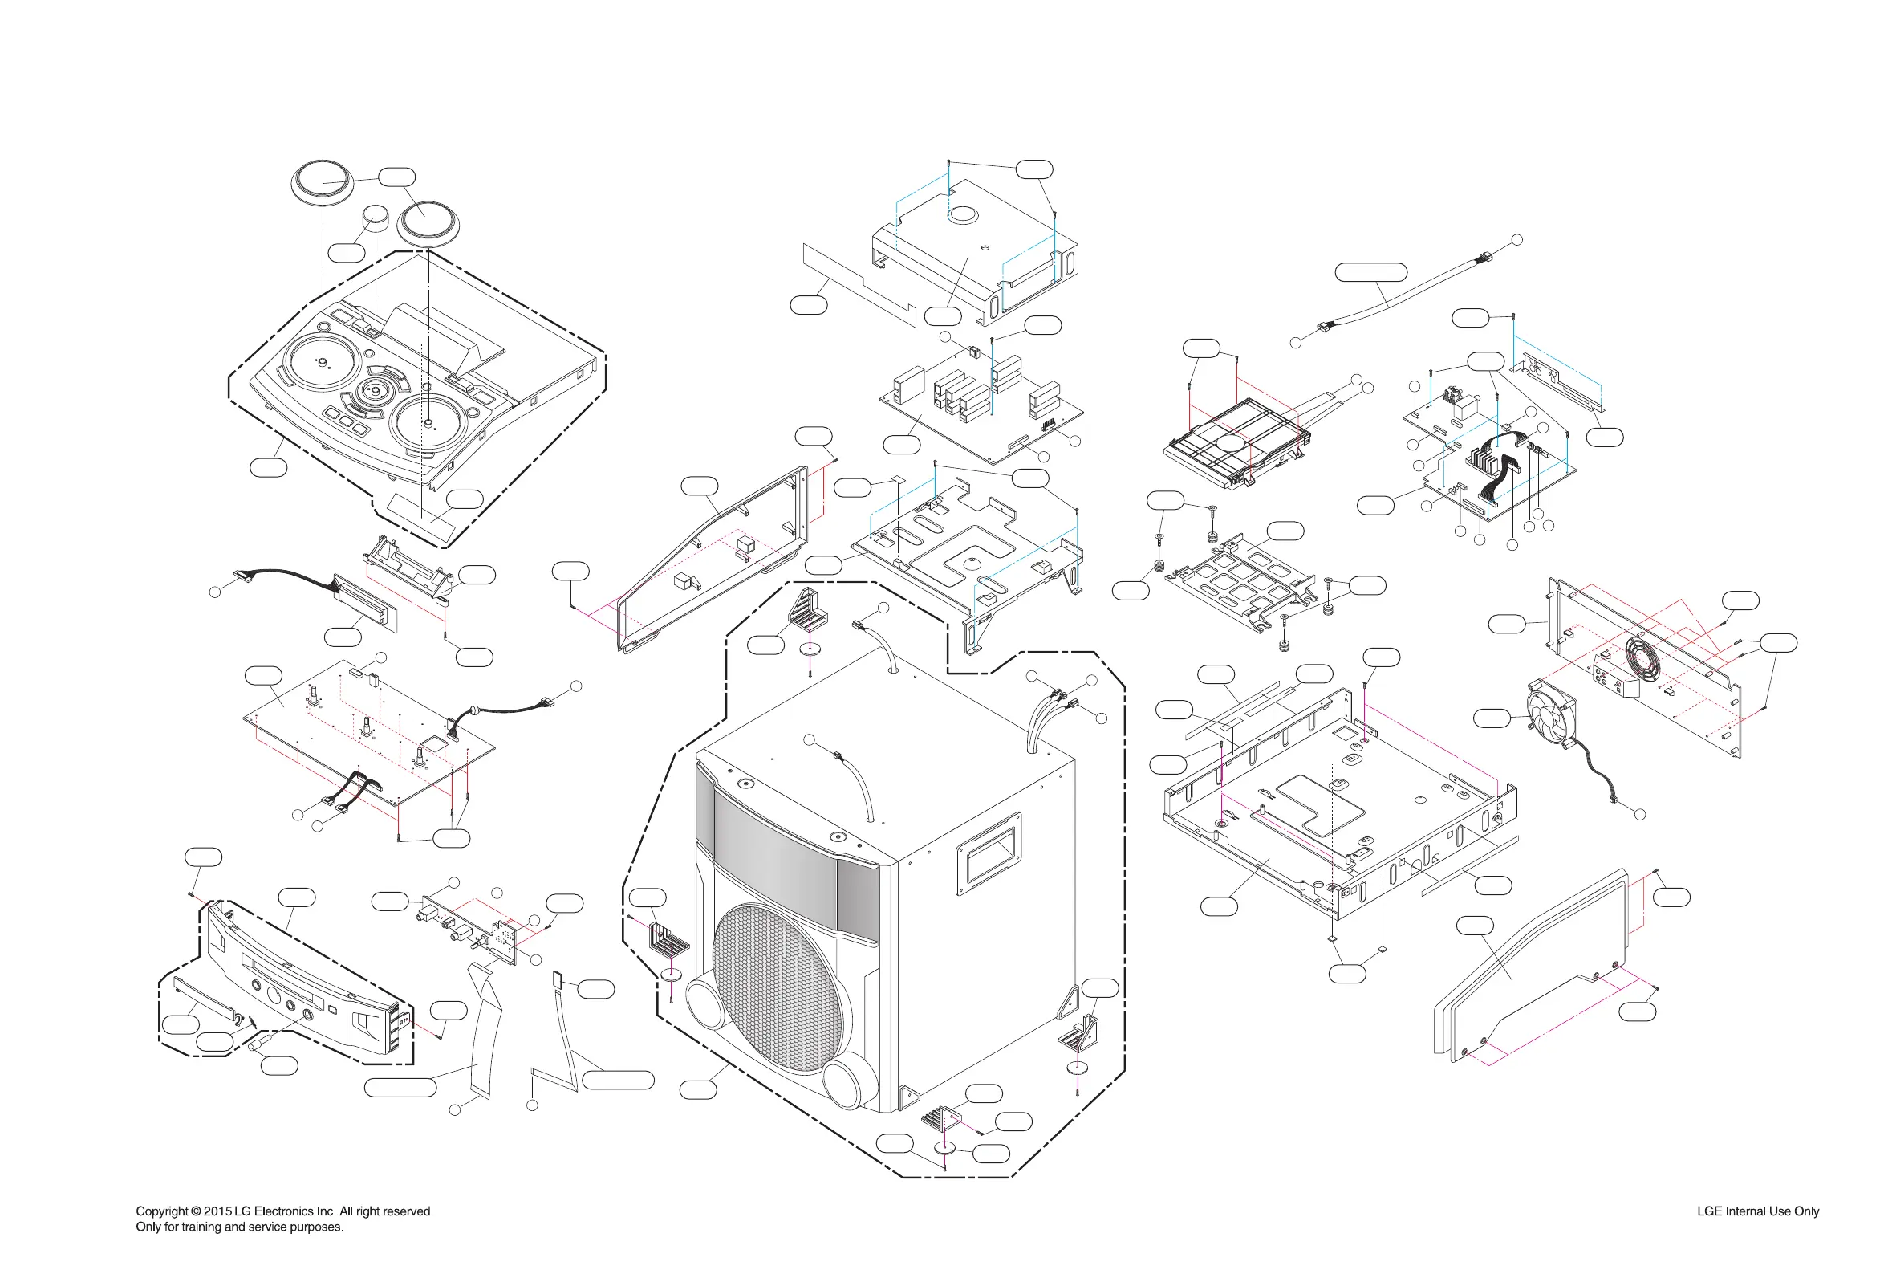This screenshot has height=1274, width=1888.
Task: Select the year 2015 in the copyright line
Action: click(x=217, y=1211)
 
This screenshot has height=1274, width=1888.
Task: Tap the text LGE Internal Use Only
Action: click(x=1757, y=1211)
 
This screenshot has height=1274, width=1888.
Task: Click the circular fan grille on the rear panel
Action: click(x=1642, y=657)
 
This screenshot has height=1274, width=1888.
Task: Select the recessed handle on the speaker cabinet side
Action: click(x=989, y=853)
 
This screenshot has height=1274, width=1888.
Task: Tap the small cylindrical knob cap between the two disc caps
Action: click(x=376, y=218)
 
